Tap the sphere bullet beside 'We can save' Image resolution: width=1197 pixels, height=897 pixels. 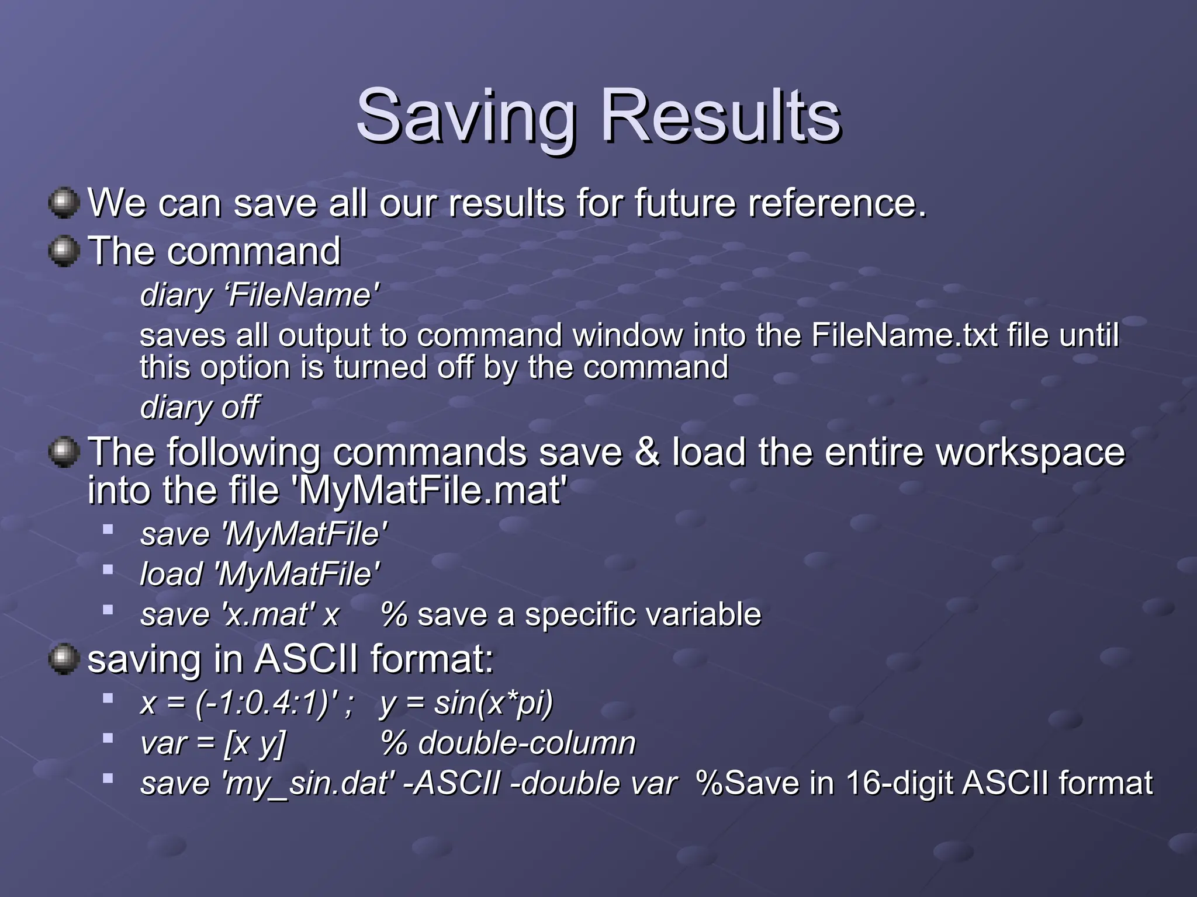point(63,202)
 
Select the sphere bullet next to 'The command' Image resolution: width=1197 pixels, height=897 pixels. point(63,251)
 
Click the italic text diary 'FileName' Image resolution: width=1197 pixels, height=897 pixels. point(260,295)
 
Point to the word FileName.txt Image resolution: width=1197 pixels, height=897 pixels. point(904,335)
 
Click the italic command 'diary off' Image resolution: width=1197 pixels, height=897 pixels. point(199,407)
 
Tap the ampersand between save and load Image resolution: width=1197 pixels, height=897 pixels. point(646,452)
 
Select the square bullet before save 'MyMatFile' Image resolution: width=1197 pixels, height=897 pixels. point(108,530)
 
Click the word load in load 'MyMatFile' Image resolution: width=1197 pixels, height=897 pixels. point(171,574)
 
